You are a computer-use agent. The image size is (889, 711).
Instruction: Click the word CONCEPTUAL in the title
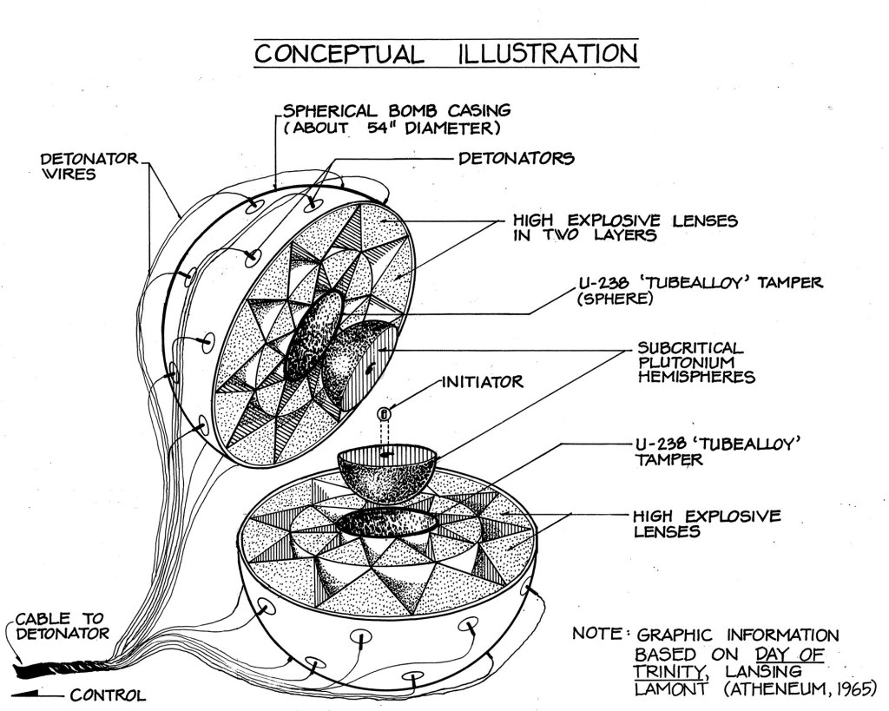point(339,54)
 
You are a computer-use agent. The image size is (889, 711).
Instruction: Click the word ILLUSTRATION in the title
point(547,54)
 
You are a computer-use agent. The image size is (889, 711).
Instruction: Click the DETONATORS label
point(516,159)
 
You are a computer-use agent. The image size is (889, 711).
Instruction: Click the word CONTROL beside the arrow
point(108,695)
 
